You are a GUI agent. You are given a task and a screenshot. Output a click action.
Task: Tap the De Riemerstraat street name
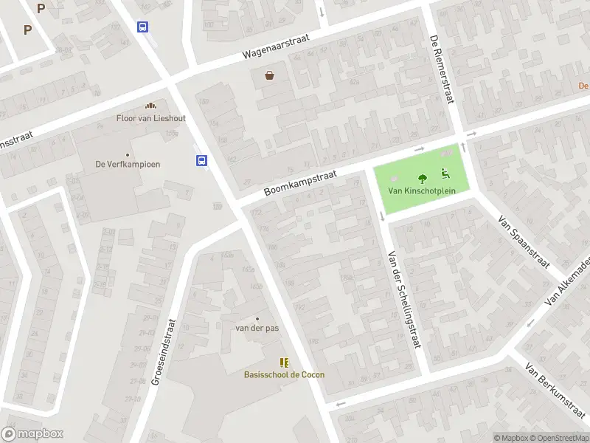point(443,71)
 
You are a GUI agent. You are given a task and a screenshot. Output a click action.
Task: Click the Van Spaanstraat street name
point(524,241)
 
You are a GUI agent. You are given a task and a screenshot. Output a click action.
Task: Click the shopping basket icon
point(270,75)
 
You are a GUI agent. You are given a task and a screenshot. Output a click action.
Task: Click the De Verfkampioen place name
point(128,165)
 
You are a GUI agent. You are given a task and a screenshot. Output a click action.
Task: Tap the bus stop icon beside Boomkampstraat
point(201,160)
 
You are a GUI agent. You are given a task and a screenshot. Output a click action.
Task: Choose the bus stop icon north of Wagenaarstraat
point(142,27)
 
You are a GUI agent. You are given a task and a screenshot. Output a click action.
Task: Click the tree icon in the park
point(423,178)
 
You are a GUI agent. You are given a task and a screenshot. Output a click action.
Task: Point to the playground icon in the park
point(445,174)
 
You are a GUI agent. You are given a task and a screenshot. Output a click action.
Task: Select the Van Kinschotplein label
point(423,190)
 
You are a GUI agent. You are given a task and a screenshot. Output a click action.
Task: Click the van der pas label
point(257,328)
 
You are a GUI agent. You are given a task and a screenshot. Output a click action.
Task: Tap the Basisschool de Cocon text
point(284,374)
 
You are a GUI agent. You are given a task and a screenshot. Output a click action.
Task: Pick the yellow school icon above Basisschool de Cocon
point(284,362)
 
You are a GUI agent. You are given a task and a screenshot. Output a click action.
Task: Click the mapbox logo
point(32,434)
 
